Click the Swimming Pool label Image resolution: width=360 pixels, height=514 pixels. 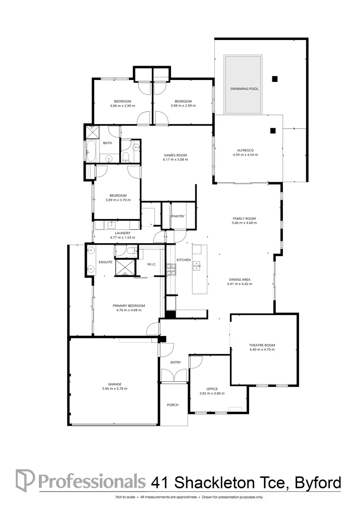(x=244, y=89)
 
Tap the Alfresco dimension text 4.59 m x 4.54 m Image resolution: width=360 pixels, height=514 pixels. (x=245, y=155)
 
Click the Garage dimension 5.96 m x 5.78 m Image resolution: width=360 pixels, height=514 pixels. (x=114, y=388)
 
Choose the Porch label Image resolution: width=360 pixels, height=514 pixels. (x=172, y=405)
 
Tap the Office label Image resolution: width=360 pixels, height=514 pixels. (x=211, y=388)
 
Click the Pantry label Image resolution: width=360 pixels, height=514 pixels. (x=178, y=217)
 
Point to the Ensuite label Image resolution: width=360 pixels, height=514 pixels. (x=105, y=262)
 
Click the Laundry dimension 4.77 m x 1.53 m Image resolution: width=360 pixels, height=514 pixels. (x=122, y=237)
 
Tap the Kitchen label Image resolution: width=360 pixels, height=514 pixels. (x=184, y=260)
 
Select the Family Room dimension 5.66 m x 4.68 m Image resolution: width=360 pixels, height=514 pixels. (x=244, y=223)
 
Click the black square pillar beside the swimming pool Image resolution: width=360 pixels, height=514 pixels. (x=275, y=79)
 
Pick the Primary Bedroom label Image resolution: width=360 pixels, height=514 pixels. (x=129, y=306)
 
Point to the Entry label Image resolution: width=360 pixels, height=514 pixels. (x=176, y=363)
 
